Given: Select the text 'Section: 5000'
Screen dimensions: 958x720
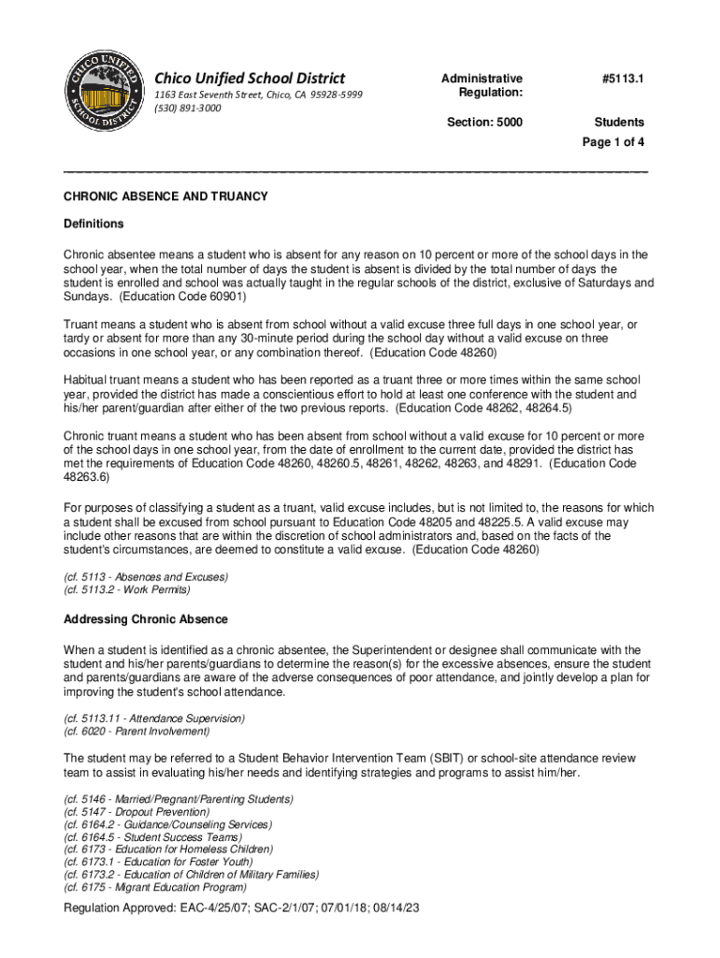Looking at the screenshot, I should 484,123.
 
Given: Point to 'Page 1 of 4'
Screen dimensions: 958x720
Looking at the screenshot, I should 613,142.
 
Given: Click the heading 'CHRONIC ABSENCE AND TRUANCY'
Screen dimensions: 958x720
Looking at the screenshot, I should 166,196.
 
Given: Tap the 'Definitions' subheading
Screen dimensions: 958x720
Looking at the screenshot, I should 94,225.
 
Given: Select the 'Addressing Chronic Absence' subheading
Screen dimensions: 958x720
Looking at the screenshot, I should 145,619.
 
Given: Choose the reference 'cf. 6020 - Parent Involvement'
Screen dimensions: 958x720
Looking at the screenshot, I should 137,731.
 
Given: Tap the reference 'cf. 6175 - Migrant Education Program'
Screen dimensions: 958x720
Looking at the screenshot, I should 155,887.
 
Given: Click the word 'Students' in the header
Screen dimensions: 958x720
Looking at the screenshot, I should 619,123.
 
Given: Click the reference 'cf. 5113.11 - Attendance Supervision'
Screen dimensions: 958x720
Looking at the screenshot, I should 153,718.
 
